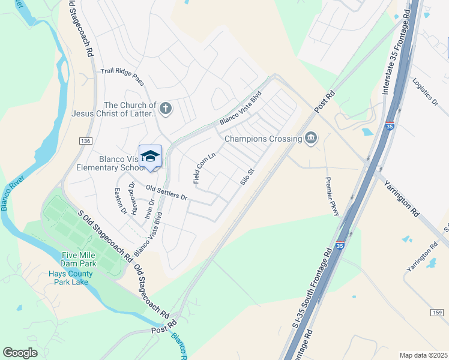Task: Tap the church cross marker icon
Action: (166, 109)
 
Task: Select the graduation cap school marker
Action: (150, 156)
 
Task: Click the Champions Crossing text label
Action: (263, 139)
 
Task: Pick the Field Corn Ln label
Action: (204, 167)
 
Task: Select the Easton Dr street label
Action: (121, 200)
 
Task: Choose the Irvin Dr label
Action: (148, 210)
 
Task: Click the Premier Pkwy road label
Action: (332, 193)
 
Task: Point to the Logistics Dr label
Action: (426, 91)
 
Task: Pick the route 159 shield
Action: (438, 313)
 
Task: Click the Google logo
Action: (20, 352)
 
